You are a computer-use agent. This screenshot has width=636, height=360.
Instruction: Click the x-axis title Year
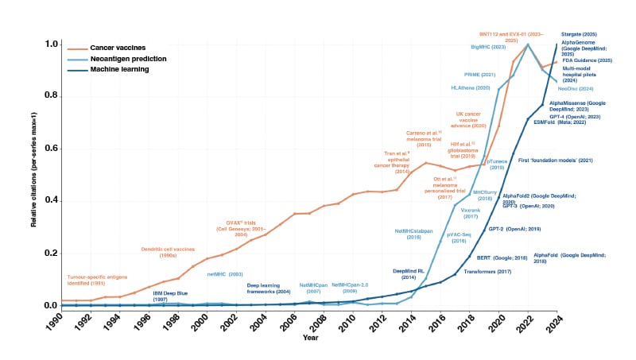click(x=310, y=339)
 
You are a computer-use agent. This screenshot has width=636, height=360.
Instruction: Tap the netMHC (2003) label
click(x=225, y=274)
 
